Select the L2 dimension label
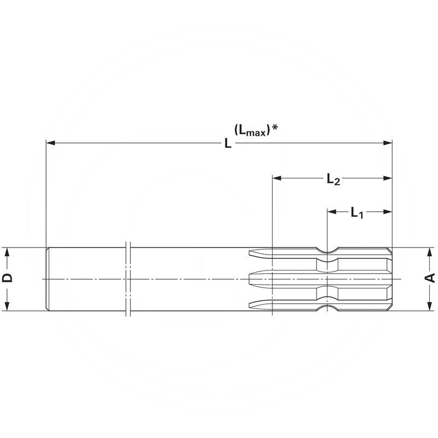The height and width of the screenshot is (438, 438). pos(333,179)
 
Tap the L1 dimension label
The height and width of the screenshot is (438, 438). pos(356,212)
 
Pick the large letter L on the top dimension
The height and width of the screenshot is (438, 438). pos(227,144)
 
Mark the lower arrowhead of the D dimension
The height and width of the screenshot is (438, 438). pos(8,307)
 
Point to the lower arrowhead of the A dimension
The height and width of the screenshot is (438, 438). pos(430,307)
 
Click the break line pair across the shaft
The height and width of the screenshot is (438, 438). pos(128,279)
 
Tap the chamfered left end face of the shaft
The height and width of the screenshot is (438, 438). pos(47,279)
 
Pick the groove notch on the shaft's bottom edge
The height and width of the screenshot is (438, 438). pos(327,308)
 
